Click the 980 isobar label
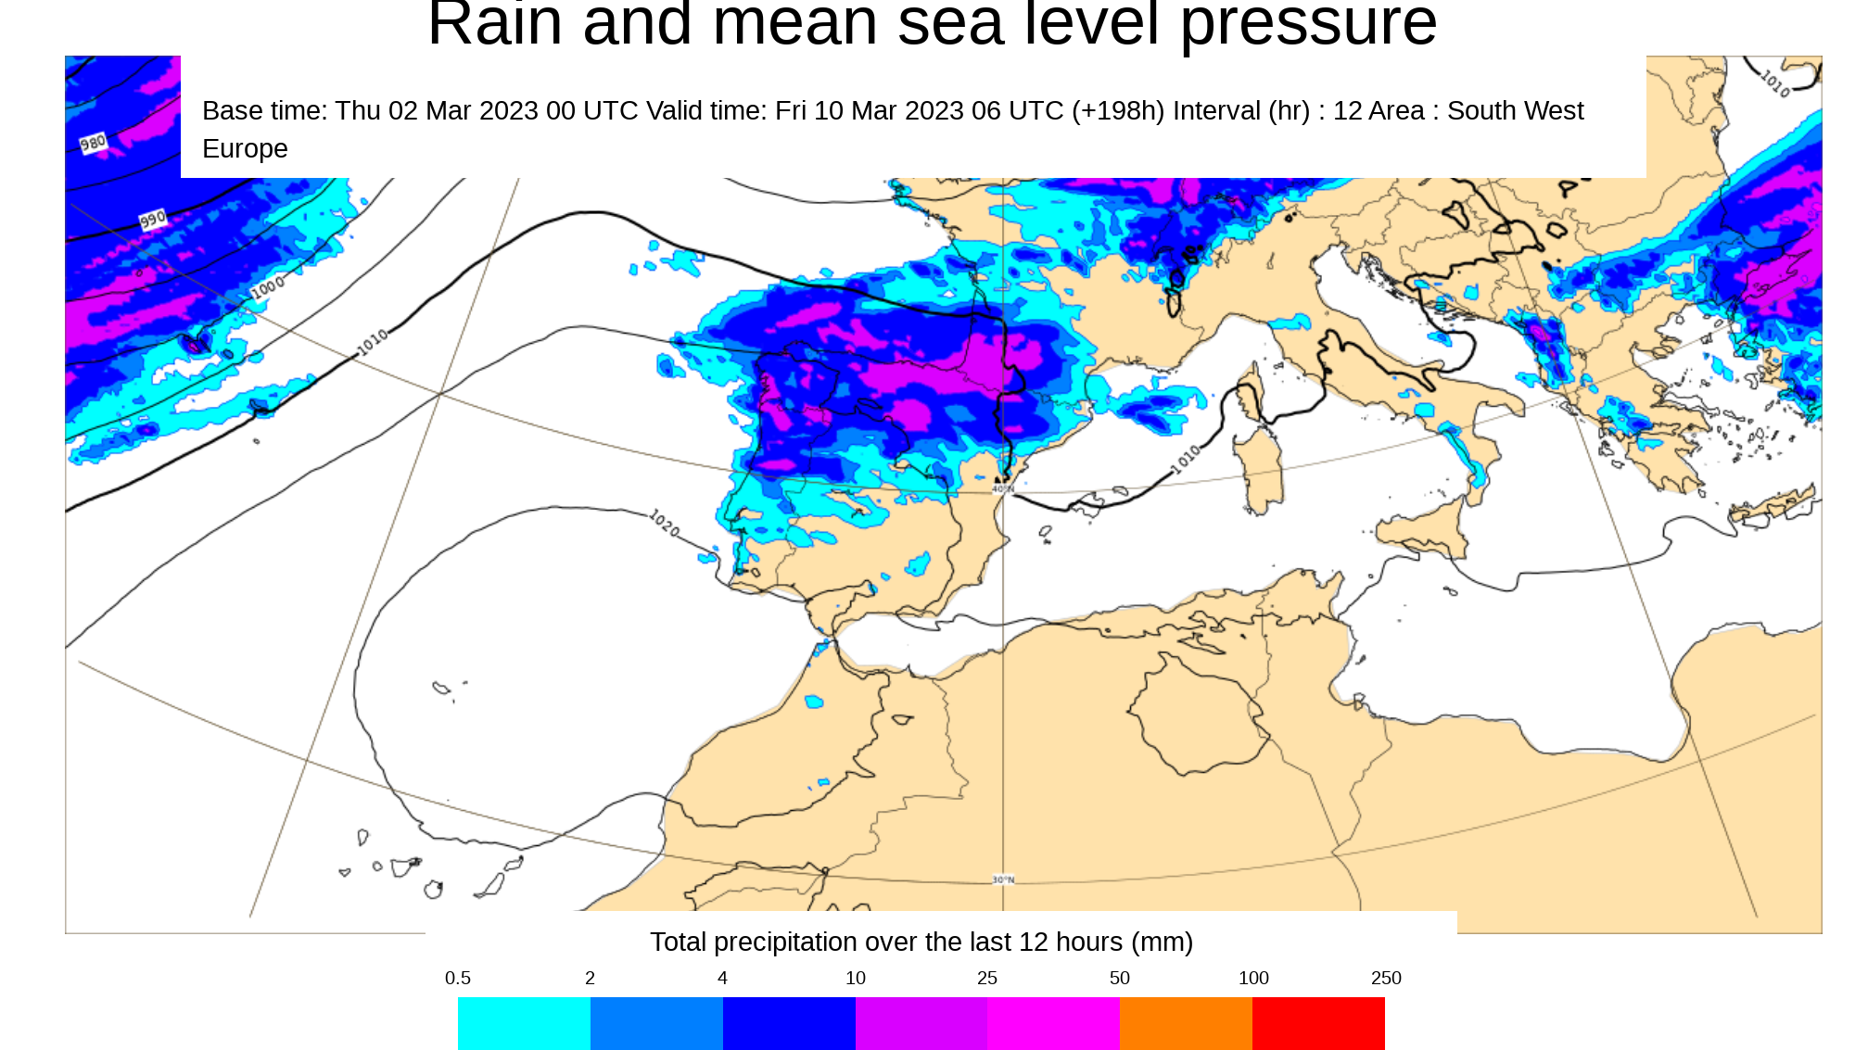pos(94,143)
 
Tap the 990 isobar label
pos(153,220)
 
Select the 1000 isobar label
pos(268,287)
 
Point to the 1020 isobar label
pos(664,523)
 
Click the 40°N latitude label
pos(1003,488)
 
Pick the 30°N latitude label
pos(1003,879)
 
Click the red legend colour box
pos(1317,1023)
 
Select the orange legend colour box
pos(1185,1023)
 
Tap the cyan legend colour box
pos(524,1023)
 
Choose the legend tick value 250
pos(1386,978)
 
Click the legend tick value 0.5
pos(458,978)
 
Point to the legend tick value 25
pos(987,978)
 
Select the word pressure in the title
pos(1308,26)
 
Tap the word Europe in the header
pos(245,148)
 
